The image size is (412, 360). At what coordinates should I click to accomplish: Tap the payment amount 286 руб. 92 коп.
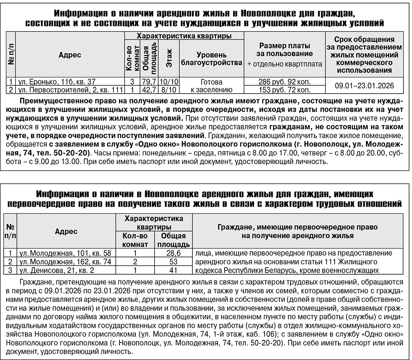tap(284, 82)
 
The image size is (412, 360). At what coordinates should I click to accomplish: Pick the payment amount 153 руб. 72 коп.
tap(284, 89)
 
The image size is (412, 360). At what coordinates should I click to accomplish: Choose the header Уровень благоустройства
tap(211, 59)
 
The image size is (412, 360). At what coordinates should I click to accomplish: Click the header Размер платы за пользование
tap(285, 49)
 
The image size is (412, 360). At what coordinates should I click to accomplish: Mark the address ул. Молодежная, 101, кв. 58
tap(64, 253)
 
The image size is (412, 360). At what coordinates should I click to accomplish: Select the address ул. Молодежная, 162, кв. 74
tap(64, 261)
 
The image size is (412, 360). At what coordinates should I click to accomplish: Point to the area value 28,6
tap(173, 253)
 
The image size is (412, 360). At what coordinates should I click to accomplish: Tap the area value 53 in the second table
tap(173, 261)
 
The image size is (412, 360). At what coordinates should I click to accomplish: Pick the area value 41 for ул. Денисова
tap(173, 270)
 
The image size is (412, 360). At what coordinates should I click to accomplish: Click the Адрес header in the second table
tap(66, 231)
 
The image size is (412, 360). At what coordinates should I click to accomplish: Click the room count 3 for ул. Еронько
tap(131, 82)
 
